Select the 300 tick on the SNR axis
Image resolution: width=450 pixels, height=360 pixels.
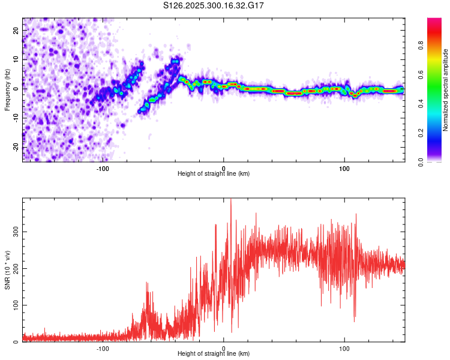14,230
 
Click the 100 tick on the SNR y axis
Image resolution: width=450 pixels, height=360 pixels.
14,305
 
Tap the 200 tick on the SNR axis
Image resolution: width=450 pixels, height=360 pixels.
14,268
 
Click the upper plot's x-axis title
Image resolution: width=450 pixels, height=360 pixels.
214,174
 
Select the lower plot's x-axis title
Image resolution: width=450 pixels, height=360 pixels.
214,354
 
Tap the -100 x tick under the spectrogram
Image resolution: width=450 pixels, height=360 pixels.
103,169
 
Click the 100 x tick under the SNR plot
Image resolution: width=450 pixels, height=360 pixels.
344,349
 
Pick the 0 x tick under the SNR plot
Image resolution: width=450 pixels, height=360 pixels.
224,349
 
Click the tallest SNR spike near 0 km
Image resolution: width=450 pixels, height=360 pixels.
231,200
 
